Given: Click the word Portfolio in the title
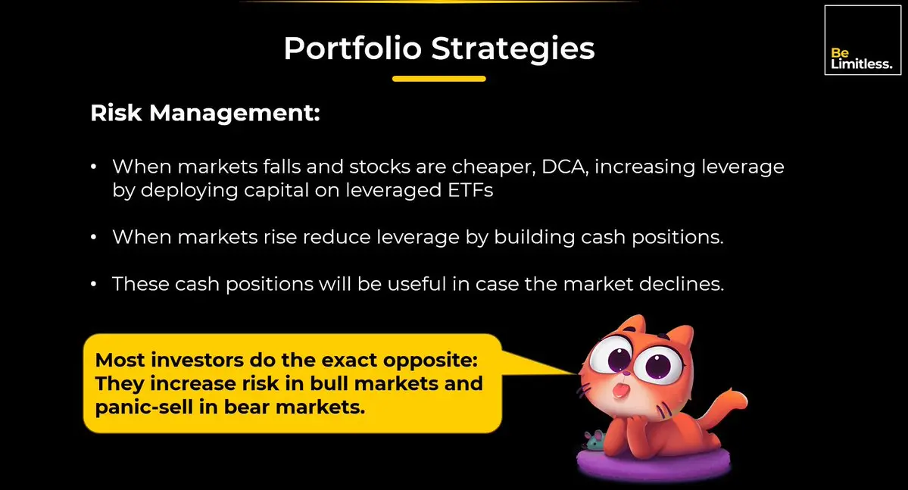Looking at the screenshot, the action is (x=353, y=48).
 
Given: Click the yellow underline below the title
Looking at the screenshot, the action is (x=439, y=79).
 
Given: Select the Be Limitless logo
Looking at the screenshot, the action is (x=863, y=40).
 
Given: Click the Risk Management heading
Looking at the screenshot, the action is (x=205, y=113).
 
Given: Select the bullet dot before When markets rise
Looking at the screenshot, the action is (x=94, y=238).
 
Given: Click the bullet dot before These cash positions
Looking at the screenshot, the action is (x=94, y=285).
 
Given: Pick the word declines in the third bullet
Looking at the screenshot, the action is (x=682, y=284).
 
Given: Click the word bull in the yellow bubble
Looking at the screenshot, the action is (x=329, y=383).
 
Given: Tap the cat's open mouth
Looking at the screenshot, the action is (x=621, y=390).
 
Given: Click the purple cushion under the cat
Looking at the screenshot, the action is (x=654, y=463).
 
